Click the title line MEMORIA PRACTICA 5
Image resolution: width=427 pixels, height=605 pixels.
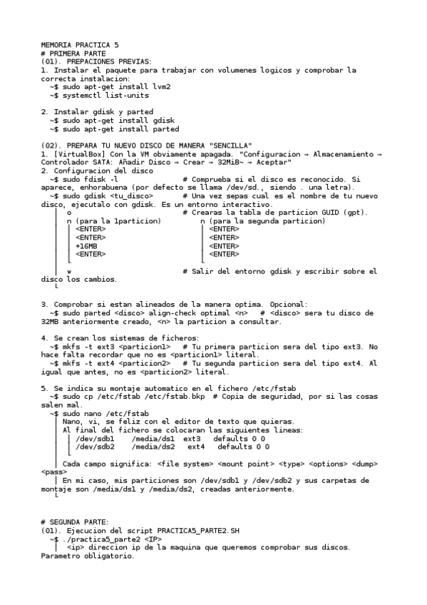point(80,44)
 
